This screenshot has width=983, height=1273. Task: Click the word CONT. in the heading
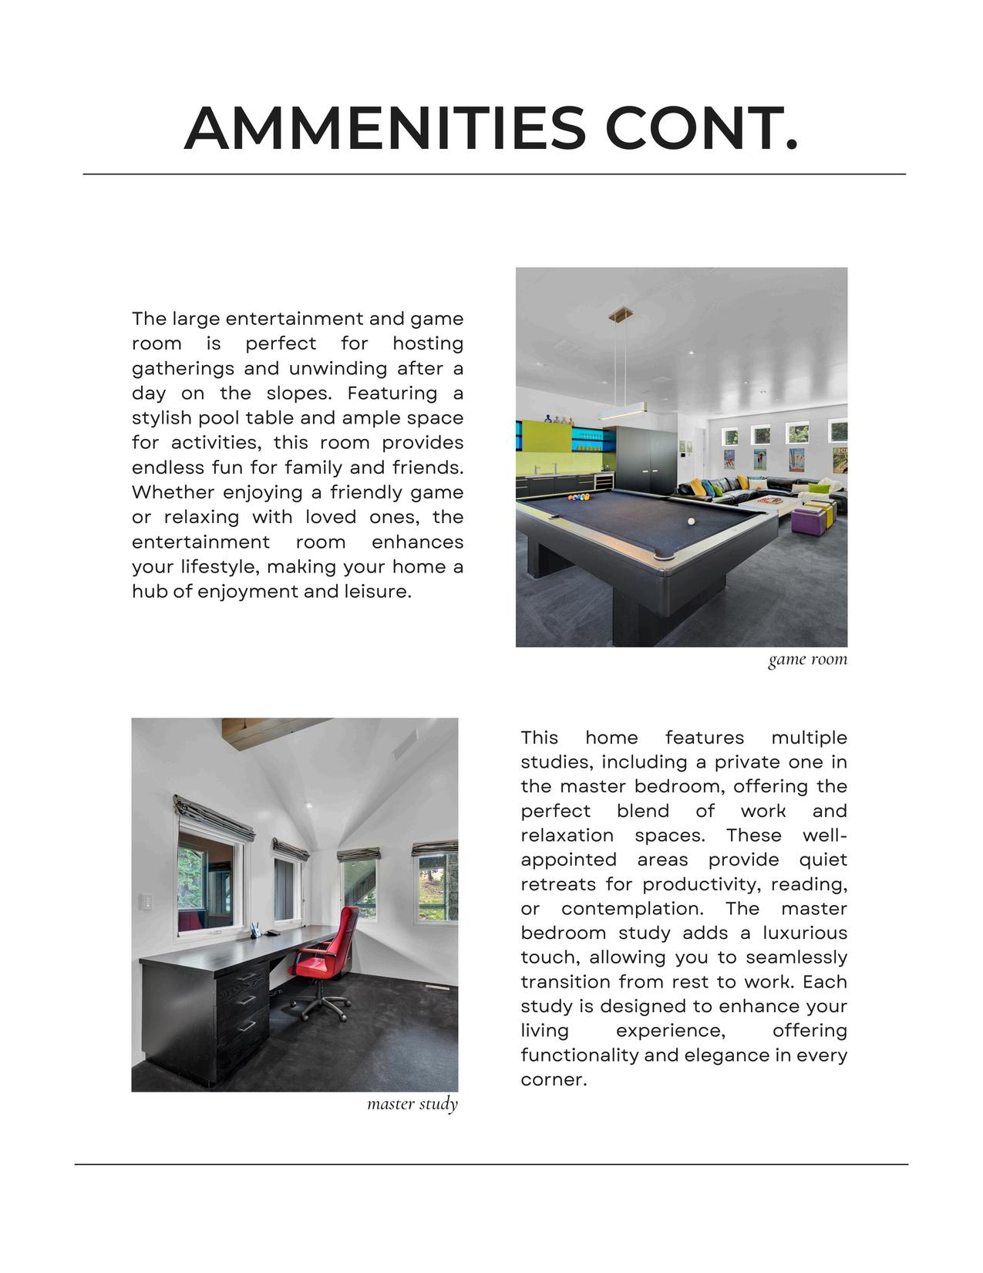coord(702,128)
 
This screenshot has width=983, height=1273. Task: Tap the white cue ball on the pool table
coord(691,522)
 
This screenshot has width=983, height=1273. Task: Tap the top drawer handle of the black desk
coord(247,978)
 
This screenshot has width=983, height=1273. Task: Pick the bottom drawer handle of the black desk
coord(247,1026)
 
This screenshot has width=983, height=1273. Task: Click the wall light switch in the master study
coord(145,903)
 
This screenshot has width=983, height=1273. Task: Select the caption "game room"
coord(807,659)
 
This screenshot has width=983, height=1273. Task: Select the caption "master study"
coord(412,1104)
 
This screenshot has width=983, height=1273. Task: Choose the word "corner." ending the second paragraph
coord(554,1079)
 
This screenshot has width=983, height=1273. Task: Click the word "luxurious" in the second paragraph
coord(805,933)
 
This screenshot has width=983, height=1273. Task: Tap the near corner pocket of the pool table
coord(663,555)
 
